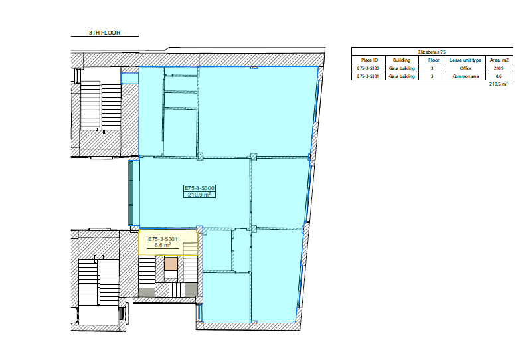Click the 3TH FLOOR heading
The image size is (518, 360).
(x=104, y=33)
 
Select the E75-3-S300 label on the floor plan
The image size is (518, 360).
(x=199, y=188)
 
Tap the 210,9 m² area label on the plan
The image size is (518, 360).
(x=199, y=195)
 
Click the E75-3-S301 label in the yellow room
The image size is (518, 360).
(x=163, y=239)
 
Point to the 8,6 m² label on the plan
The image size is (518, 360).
(x=163, y=245)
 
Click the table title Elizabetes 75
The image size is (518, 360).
(x=432, y=52)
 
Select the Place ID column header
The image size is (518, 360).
(x=369, y=60)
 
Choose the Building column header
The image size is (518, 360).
(x=402, y=60)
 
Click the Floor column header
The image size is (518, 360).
(x=434, y=60)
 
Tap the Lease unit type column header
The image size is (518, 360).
(x=466, y=60)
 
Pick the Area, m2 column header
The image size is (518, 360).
(x=499, y=60)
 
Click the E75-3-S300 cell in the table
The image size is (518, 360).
(x=368, y=68)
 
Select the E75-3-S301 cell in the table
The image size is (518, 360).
(x=368, y=76)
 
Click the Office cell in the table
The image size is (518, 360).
(x=466, y=68)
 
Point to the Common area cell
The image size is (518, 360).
(x=466, y=76)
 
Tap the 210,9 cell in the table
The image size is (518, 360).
(x=499, y=68)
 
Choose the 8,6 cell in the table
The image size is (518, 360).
(x=499, y=76)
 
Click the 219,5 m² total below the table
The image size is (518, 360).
(x=499, y=84)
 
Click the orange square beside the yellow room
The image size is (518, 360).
(x=171, y=264)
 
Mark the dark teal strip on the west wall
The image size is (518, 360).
(x=131, y=193)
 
